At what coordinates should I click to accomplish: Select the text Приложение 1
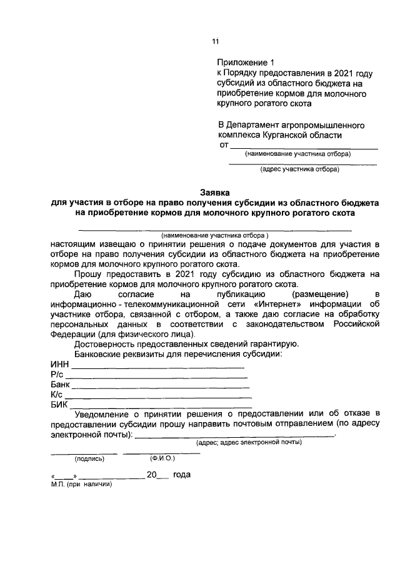(x=246, y=63)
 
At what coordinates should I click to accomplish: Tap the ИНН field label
(x=59, y=364)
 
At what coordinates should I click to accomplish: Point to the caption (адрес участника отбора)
(x=299, y=169)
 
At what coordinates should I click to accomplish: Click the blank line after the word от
(x=304, y=148)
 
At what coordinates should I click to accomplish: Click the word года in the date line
(x=182, y=475)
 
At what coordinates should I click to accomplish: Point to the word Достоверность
(x=106, y=343)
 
